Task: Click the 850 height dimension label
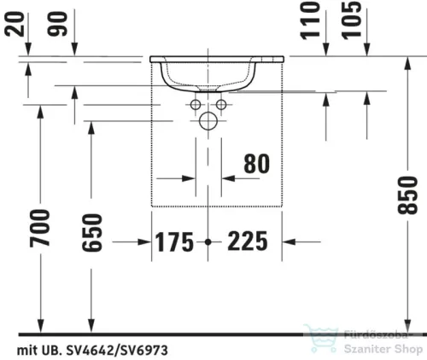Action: click(407, 195)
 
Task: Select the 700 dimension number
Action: click(40, 229)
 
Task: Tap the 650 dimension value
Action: click(91, 233)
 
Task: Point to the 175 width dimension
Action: click(174, 242)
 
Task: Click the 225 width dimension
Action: click(248, 241)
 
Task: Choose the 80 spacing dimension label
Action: click(256, 164)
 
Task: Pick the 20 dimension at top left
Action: click(15, 24)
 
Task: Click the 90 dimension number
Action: click(58, 24)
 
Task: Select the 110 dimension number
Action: click(311, 20)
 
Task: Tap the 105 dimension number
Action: click(351, 20)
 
